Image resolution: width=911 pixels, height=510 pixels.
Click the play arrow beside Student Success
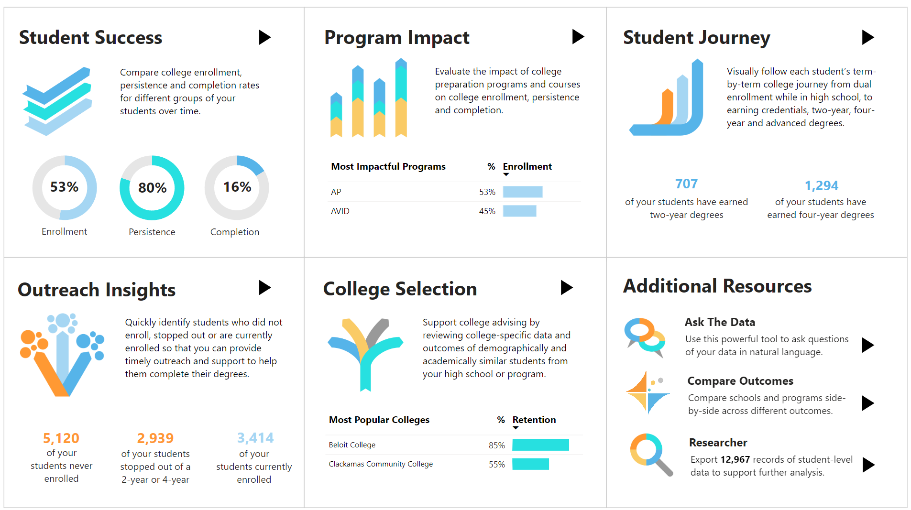pyautogui.click(x=264, y=37)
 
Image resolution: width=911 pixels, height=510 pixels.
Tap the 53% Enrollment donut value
pyautogui.click(x=64, y=187)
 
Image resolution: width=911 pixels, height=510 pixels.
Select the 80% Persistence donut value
pyautogui.click(x=152, y=188)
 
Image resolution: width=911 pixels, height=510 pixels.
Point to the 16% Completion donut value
pyautogui.click(x=237, y=187)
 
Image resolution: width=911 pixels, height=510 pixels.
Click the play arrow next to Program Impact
pyautogui.click(x=578, y=36)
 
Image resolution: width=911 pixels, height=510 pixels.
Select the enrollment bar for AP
pyautogui.click(x=522, y=192)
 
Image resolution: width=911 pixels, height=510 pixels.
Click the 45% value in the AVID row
pyautogui.click(x=487, y=211)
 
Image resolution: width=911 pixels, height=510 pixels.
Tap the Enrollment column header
pyautogui.click(x=527, y=166)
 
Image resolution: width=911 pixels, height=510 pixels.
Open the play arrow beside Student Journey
pyautogui.click(x=867, y=37)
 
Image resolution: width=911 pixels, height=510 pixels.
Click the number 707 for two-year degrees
pyautogui.click(x=686, y=184)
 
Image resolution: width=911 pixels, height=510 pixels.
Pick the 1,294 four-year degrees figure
pyautogui.click(x=821, y=185)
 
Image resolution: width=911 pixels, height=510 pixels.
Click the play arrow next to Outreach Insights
pyautogui.click(x=264, y=287)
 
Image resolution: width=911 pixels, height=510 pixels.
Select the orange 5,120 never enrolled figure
pyautogui.click(x=61, y=438)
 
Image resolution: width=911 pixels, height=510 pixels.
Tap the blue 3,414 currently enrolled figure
pyautogui.click(x=255, y=437)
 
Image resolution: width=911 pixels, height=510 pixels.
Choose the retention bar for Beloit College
pyautogui.click(x=540, y=445)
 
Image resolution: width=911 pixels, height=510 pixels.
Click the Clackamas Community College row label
pyautogui.click(x=381, y=464)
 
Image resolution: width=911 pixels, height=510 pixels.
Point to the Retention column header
pyautogui.click(x=534, y=420)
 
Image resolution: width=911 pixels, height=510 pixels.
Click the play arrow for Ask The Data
pyautogui.click(x=867, y=345)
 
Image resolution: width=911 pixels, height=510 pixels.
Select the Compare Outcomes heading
pyautogui.click(x=740, y=381)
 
